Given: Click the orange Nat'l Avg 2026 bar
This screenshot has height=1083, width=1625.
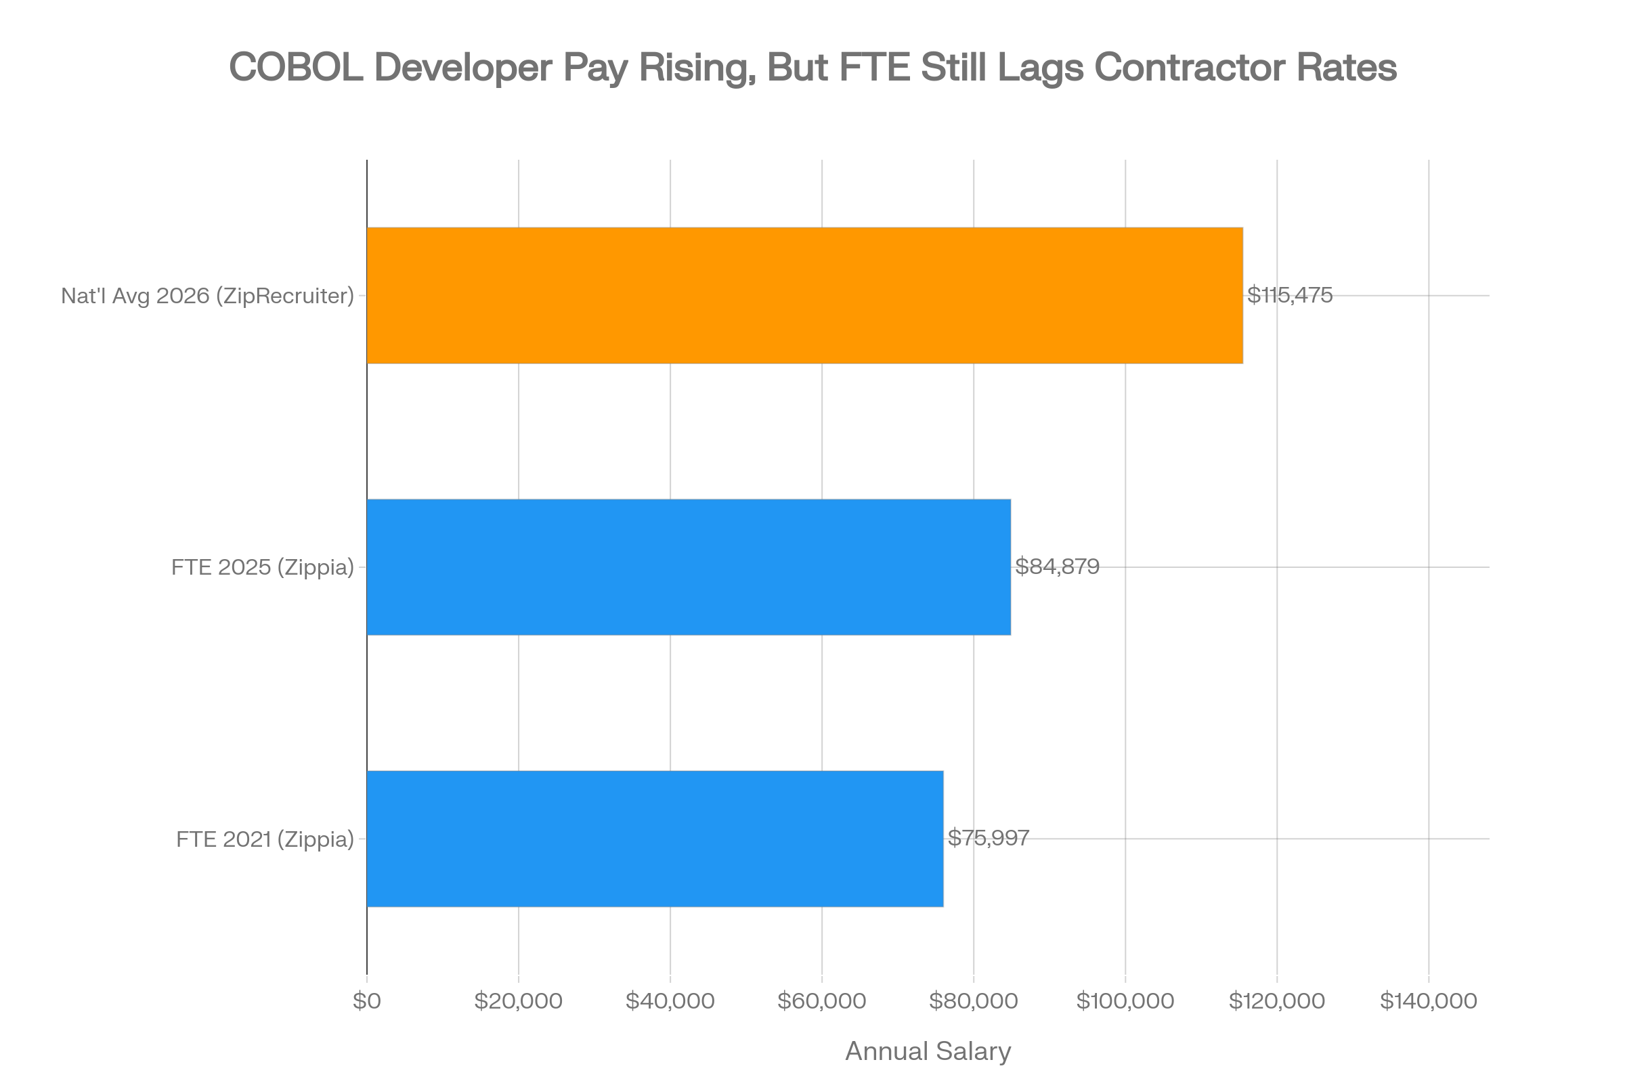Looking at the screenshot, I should pyautogui.click(x=805, y=295).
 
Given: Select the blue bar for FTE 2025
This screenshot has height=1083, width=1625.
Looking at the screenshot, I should pyautogui.click(x=689, y=567).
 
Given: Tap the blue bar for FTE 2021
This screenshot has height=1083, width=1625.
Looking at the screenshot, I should pyautogui.click(x=655, y=839).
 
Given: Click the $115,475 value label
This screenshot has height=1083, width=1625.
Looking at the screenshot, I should pyautogui.click(x=1289, y=296).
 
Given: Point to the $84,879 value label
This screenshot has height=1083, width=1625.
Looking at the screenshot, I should pyautogui.click(x=1057, y=567).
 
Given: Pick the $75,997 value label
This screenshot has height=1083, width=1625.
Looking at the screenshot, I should pyautogui.click(x=989, y=839).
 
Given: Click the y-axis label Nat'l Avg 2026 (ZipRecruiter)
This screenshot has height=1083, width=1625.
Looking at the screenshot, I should pyautogui.click(x=207, y=296).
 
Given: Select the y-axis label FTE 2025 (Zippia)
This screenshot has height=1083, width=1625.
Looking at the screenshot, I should pyautogui.click(x=263, y=567).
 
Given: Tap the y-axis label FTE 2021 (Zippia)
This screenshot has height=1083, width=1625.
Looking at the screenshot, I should pyautogui.click(x=265, y=839).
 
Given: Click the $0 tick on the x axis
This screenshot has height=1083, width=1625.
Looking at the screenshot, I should pyautogui.click(x=367, y=1002).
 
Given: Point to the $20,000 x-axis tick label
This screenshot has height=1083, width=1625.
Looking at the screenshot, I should pyautogui.click(x=518, y=1002).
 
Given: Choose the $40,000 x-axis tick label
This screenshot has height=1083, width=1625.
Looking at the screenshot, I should pyautogui.click(x=670, y=1002).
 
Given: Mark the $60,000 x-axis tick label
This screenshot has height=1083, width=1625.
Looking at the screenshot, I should pyautogui.click(x=821, y=1002).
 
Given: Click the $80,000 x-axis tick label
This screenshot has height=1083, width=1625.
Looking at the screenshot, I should pyautogui.click(x=974, y=1002).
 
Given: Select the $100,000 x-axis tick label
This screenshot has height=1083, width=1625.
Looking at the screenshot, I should pyautogui.click(x=1125, y=1002).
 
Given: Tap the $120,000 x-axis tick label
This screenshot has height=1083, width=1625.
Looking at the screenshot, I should pyautogui.click(x=1277, y=1002).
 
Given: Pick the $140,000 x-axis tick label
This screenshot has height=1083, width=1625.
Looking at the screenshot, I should pyautogui.click(x=1429, y=1002).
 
